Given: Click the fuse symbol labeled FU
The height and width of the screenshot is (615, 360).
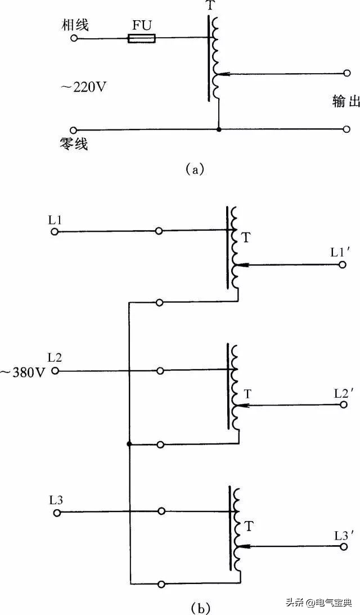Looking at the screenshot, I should [141, 39].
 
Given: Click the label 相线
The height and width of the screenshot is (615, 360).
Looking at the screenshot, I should [76, 25].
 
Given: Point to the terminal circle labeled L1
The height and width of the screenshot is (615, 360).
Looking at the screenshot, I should [55, 231].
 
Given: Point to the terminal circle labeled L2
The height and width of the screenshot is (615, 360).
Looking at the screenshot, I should [56, 371].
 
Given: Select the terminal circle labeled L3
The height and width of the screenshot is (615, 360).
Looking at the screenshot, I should [55, 512].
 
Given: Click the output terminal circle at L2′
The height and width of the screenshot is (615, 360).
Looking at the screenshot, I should [343, 404].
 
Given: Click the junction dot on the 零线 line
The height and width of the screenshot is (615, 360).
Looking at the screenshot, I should [218, 129].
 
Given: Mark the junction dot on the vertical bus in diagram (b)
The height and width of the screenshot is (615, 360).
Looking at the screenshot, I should [129, 444].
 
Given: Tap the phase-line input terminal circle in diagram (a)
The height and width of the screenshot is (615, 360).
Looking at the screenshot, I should [74, 39].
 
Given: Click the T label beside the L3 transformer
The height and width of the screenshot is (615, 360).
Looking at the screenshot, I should [250, 527].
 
